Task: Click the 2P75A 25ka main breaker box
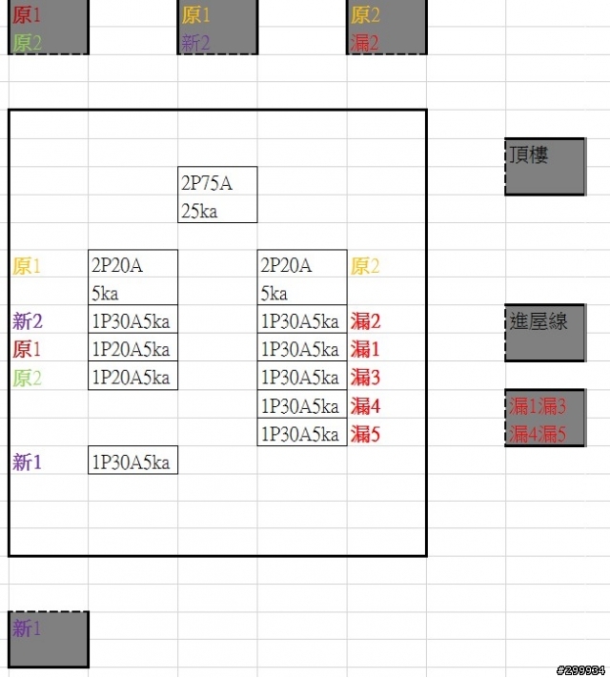click(217, 195)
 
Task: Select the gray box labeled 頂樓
click(544, 166)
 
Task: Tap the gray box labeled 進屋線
click(544, 333)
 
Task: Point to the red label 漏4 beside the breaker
click(365, 406)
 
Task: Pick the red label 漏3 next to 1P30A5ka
click(365, 378)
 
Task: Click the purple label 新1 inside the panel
click(28, 462)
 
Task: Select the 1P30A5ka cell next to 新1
click(132, 462)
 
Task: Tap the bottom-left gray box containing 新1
click(48, 639)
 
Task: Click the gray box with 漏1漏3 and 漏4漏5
click(544, 419)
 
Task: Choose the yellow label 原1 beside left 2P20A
click(28, 266)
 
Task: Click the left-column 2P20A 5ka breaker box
click(132, 278)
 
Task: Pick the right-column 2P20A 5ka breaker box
click(301, 278)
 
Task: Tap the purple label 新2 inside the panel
click(28, 321)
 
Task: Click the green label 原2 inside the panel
click(28, 378)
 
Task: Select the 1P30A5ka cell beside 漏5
click(301, 435)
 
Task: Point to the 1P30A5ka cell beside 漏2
click(301, 321)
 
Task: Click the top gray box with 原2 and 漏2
click(386, 28)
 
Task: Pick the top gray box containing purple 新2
click(217, 28)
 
